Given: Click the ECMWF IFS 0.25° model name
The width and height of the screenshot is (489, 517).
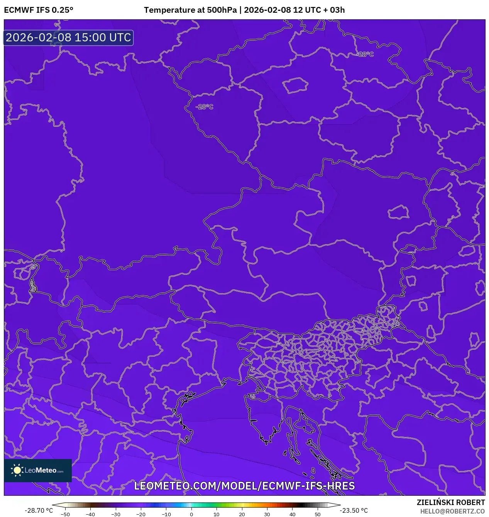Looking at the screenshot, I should tap(39, 10).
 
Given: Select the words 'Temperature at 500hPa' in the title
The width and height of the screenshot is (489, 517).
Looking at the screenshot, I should tap(190, 10).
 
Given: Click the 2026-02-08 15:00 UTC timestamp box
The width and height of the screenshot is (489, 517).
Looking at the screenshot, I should tap(68, 38).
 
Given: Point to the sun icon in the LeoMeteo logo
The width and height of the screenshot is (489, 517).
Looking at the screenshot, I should tap(17, 470).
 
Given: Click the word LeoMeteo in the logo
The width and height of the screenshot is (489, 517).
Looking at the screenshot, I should tap(41, 470).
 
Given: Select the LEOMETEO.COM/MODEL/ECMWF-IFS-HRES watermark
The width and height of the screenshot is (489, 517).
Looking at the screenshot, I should tap(244, 486).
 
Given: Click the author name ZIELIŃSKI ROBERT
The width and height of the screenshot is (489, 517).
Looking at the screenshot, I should tap(450, 502).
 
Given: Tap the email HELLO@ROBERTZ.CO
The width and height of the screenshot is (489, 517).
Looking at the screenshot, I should tap(452, 511).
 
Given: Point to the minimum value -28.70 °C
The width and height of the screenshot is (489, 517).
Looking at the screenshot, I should tap(39, 510).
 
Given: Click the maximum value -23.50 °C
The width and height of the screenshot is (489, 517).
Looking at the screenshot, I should tap(354, 510).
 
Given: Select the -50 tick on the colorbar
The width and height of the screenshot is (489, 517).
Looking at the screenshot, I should tap(65, 514).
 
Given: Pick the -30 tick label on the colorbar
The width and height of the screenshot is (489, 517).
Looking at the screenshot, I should tap(116, 514).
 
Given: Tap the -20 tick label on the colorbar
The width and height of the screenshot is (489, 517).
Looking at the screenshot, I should tap(141, 514).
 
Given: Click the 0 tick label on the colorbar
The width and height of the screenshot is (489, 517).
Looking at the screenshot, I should tap(191, 514).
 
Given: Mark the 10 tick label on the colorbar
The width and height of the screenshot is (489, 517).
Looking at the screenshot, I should tap(217, 514).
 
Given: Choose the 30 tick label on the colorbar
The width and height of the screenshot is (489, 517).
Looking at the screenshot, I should tap(267, 514).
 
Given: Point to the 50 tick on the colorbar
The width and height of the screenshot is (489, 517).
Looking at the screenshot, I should tap(318, 514).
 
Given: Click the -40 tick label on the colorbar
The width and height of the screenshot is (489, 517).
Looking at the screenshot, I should tap(90, 514).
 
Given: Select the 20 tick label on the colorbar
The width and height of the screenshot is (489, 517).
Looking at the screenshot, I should tap(242, 514).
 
